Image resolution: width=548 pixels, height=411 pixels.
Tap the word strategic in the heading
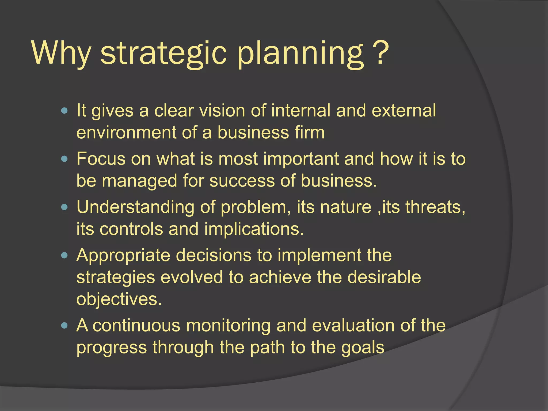pos(163,53)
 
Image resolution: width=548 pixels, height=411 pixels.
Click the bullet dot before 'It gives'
pos(64,111)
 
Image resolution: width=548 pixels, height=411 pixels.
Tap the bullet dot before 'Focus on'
pos(64,159)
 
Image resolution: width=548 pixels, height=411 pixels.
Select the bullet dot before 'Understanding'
pos(64,207)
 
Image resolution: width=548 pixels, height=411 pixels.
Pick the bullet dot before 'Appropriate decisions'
pos(64,255)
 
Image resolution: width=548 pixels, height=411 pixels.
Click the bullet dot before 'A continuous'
pos(64,326)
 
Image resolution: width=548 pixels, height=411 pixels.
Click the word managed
pos(139,181)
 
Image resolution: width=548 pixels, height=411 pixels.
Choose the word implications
pos(254,230)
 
